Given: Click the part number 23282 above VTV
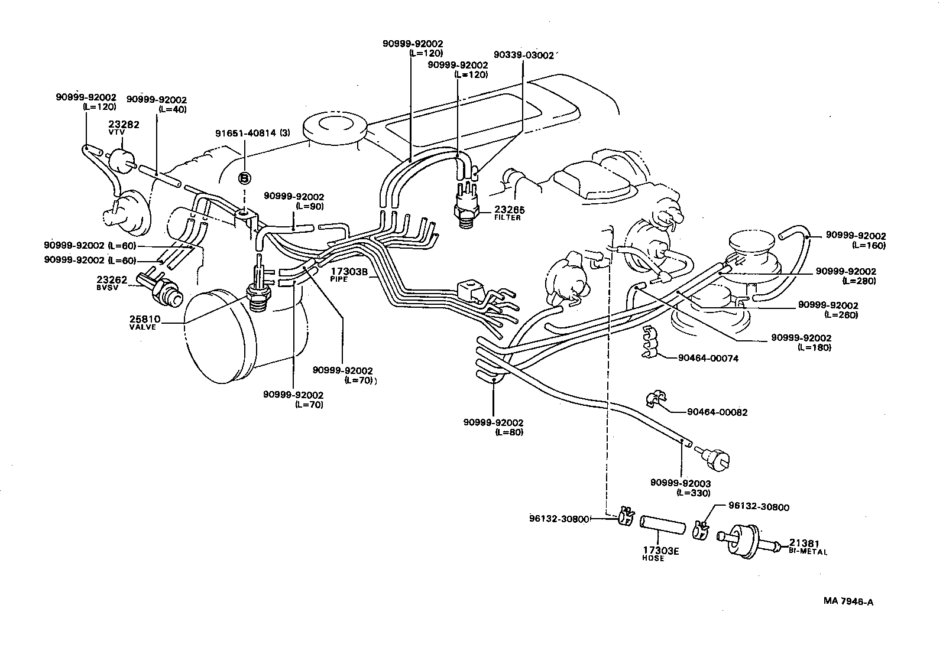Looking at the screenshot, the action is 124,125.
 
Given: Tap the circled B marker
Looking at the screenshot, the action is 245,178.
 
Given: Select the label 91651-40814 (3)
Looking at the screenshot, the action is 253,133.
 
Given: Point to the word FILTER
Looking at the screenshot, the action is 507,218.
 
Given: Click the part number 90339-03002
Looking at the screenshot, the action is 524,56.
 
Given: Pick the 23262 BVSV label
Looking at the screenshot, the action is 112,283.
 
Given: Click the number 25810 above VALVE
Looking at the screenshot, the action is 145,320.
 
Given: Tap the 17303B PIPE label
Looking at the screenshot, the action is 349,274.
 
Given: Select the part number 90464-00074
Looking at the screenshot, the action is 708,358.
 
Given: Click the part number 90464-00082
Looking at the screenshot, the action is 717,412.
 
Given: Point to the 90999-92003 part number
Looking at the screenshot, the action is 681,483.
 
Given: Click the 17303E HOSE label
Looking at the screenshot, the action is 660,554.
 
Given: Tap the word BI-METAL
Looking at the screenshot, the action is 808,551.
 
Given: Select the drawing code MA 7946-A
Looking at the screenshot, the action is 848,601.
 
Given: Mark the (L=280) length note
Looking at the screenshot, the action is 859,281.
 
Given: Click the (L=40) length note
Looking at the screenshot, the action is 172,109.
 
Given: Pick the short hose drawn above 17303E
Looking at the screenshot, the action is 662,525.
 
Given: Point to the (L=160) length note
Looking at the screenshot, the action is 869,246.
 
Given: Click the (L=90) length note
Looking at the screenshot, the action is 310,206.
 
